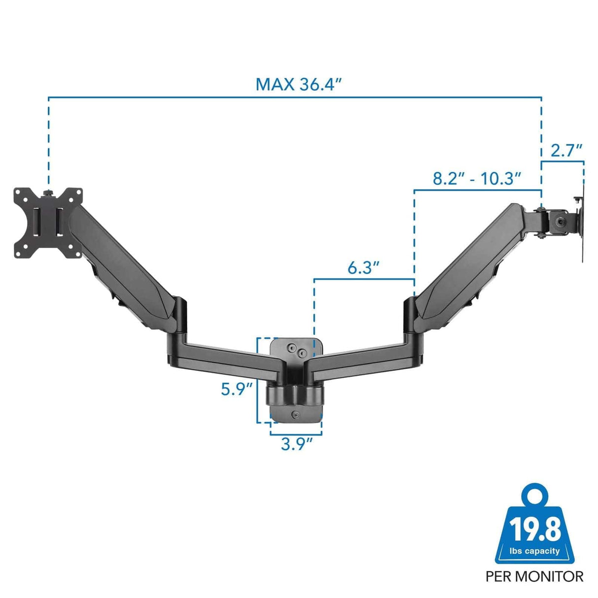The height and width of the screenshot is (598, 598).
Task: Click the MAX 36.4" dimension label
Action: (x=299, y=84)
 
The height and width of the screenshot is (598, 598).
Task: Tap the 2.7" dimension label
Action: (x=566, y=151)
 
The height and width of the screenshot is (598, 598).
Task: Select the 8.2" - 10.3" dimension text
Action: (x=477, y=178)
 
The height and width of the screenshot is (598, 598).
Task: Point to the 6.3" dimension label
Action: (x=364, y=268)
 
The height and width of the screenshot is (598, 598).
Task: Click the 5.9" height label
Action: (x=236, y=389)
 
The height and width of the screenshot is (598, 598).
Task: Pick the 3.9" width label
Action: (x=297, y=444)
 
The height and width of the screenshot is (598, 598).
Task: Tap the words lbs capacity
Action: (x=534, y=551)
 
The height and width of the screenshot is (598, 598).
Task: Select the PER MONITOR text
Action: (x=534, y=576)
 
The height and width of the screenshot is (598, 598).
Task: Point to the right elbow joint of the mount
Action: (x=410, y=320)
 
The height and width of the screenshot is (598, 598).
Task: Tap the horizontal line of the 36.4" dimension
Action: (x=197, y=97)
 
